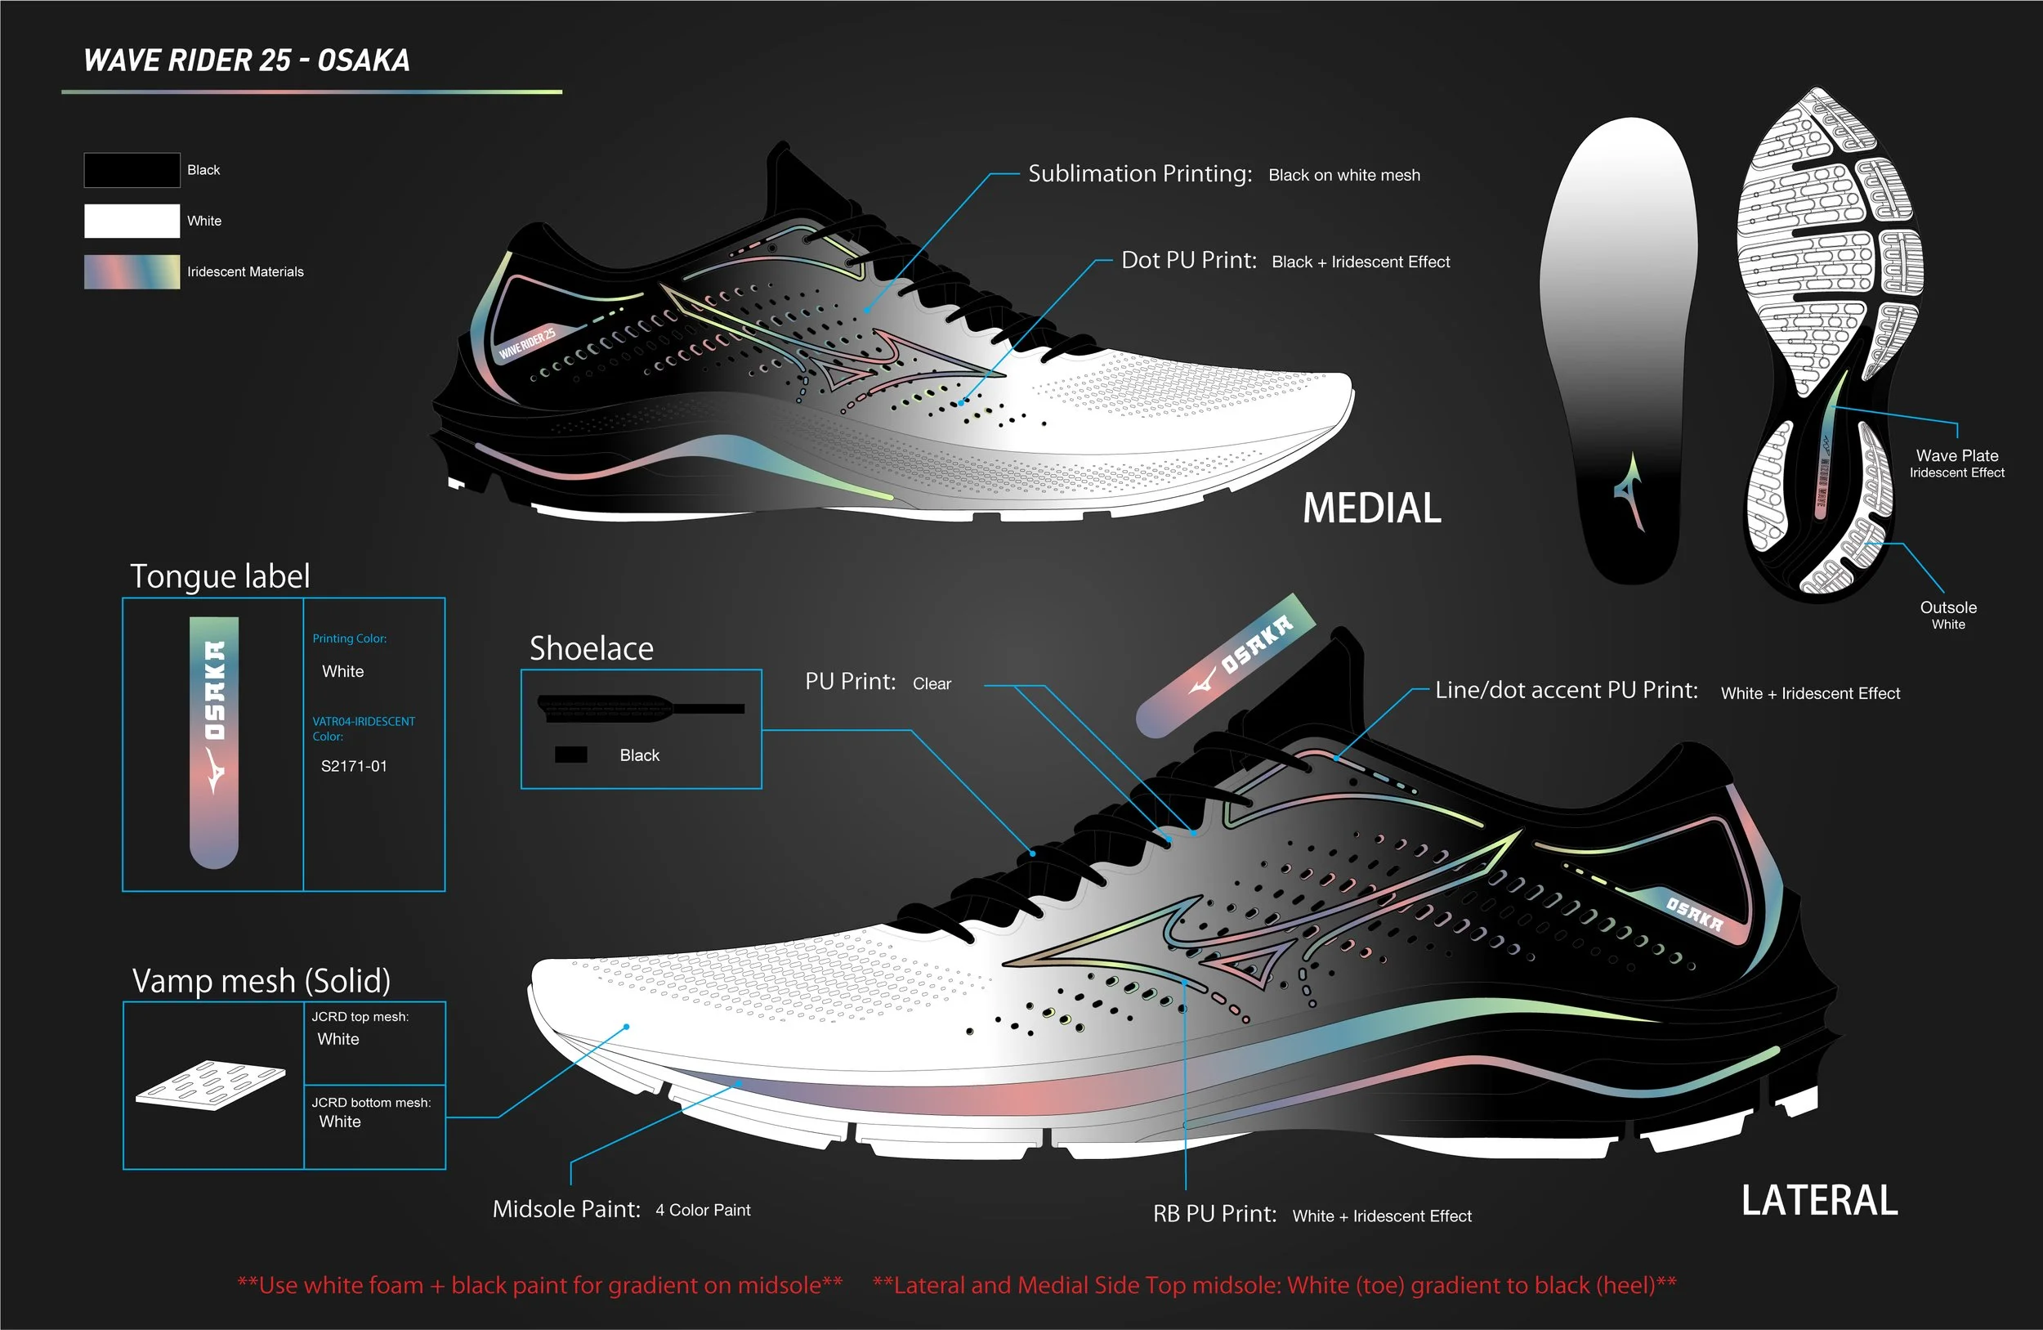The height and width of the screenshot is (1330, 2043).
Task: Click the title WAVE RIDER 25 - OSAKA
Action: [x=246, y=60]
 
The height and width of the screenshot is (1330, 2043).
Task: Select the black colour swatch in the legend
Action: [x=132, y=170]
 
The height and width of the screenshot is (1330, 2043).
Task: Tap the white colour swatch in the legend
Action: [x=132, y=221]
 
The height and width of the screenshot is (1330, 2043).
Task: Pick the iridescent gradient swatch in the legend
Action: [x=132, y=271]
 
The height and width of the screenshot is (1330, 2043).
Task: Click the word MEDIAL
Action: [x=1372, y=508]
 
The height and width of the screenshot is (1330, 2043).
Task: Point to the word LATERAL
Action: [x=1819, y=1200]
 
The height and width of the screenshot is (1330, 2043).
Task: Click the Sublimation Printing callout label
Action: [x=1140, y=174]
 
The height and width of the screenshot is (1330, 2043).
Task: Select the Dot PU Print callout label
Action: [x=1189, y=261]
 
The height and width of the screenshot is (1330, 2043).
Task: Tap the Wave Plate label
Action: [x=1957, y=456]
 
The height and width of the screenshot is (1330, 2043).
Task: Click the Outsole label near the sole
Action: [x=1948, y=608]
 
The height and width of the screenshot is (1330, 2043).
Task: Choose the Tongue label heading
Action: [x=220, y=576]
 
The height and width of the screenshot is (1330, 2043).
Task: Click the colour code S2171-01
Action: [x=354, y=766]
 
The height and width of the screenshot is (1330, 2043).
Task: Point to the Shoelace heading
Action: [x=592, y=648]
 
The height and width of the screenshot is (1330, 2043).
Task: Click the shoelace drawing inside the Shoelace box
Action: [x=640, y=707]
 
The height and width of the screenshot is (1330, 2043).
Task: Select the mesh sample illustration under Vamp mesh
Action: [x=210, y=1085]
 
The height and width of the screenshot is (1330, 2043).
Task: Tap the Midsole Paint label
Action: [x=566, y=1209]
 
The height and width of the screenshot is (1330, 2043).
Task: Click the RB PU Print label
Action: [x=1214, y=1214]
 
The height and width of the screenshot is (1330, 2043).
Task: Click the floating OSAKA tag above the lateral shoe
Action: [x=1225, y=665]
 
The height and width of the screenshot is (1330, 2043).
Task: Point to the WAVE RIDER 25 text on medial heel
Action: [x=527, y=343]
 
